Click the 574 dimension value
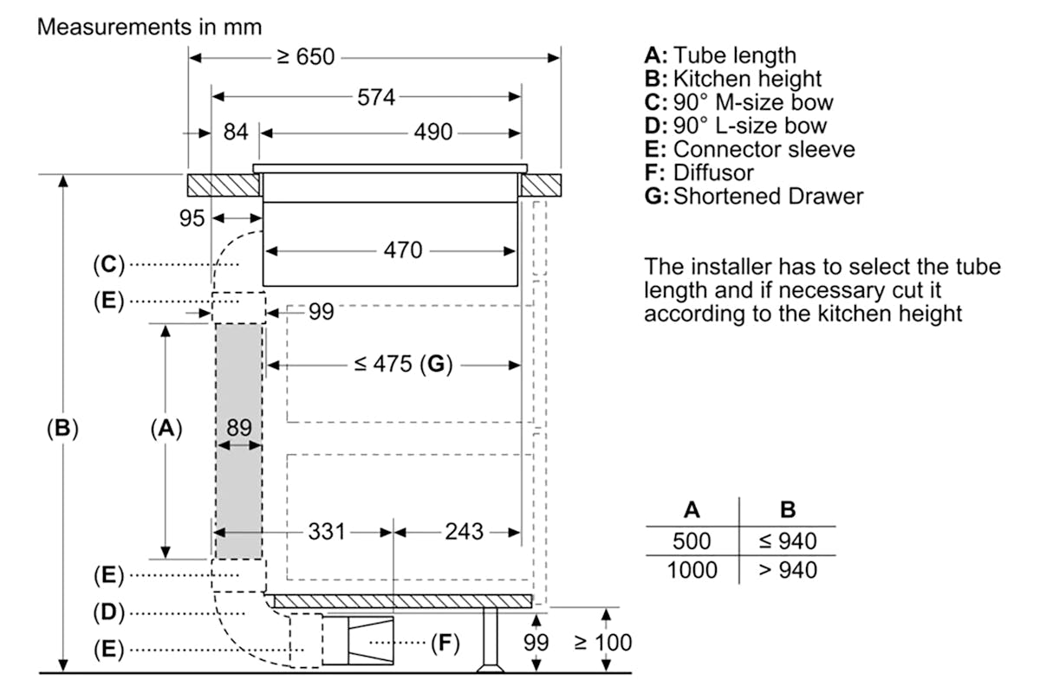tap(376, 98)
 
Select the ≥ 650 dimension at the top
tap(305, 57)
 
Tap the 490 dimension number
tap(433, 132)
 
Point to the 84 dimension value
tap(236, 132)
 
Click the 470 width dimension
tap(402, 250)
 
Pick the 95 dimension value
tap(192, 218)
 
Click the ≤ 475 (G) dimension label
tap(403, 364)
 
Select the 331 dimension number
tap(327, 532)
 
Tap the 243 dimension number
tap(465, 532)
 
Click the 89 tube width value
tap(239, 428)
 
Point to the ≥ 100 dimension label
tap(603, 643)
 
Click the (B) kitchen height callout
tap(62, 428)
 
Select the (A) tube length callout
tap(166, 428)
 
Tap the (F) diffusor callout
tap(445, 643)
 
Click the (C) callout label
tap(109, 265)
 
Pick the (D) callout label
tap(109, 612)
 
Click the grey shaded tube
tap(239, 441)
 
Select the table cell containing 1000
tap(692, 570)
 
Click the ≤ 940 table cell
tap(788, 541)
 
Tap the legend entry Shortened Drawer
tap(754, 197)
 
